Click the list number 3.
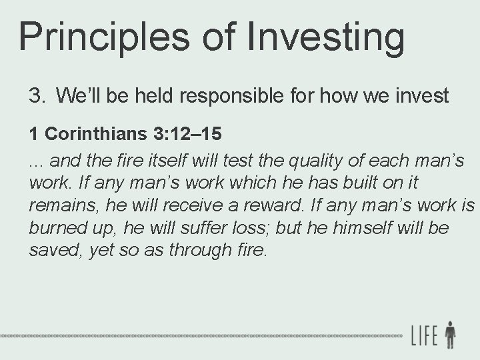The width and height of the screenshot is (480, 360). point(35,96)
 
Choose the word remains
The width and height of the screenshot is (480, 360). point(57,205)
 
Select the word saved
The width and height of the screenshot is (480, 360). point(53,250)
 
